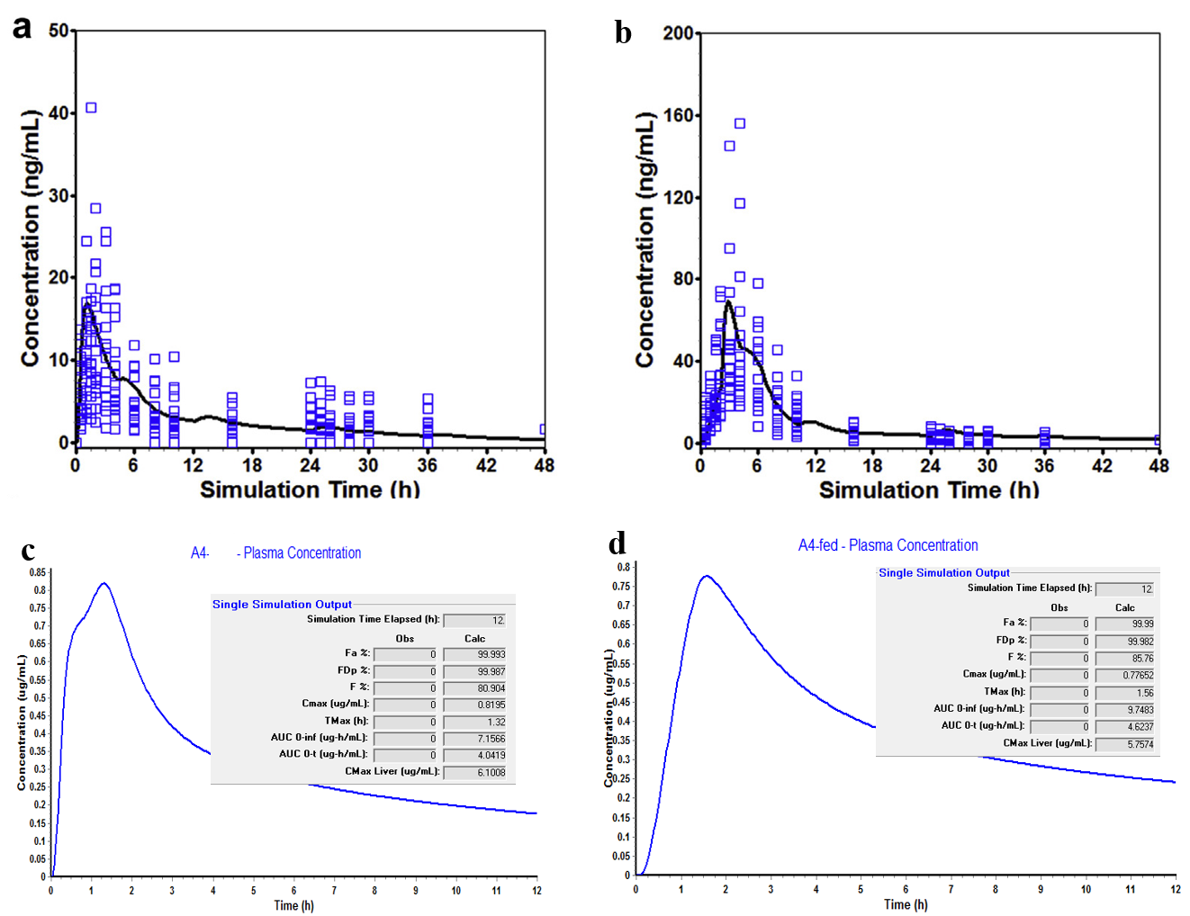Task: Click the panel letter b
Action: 623,32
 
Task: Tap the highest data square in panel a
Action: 91,108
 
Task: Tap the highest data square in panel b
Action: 740,123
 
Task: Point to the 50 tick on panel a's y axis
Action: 59,31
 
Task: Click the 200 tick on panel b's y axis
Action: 678,33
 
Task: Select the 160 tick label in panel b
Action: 678,115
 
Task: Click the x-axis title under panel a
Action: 310,489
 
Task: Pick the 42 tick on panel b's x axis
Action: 1102,465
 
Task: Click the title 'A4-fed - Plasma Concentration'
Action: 888,545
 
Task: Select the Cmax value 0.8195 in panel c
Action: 491,705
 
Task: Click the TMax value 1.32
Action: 496,722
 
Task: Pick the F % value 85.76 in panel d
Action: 1142,658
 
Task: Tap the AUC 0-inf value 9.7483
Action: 1140,709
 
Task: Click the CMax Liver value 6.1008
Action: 491,772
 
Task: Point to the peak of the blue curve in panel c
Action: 104,583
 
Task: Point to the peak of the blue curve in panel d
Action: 707,576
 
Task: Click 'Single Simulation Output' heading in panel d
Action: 944,572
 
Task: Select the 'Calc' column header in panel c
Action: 474,638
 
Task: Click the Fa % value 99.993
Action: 491,654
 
